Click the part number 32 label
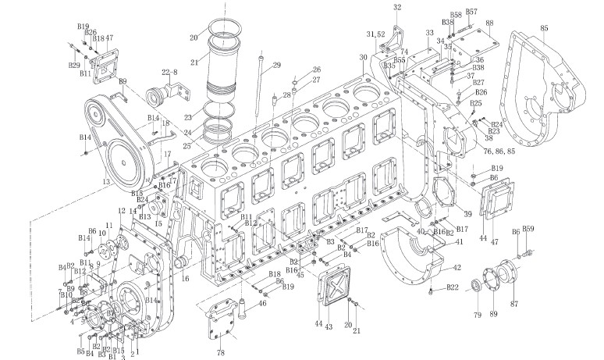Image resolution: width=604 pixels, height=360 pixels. click(397, 7)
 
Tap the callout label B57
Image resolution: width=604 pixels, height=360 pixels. click(471, 12)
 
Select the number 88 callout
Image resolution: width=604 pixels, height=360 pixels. click(489, 24)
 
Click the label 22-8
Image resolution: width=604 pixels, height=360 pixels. click(169, 73)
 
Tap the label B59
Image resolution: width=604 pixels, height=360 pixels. click(528, 229)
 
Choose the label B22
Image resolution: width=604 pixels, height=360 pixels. click(452, 288)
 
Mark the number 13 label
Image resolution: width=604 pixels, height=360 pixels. click(105, 181)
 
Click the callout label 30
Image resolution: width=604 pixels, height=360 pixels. click(362, 57)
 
